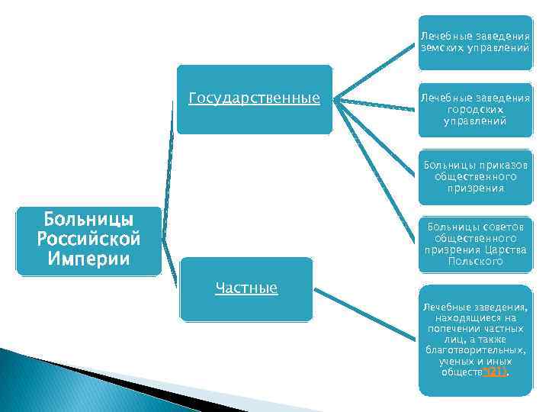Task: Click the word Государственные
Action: (x=253, y=98)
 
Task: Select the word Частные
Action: (x=246, y=288)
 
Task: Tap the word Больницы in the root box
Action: (x=88, y=221)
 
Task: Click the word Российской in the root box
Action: (x=88, y=240)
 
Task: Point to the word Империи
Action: (x=88, y=258)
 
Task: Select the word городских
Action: (x=475, y=109)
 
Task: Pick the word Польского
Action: (x=475, y=261)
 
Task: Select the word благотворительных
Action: (x=475, y=350)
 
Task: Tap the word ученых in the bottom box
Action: (x=453, y=361)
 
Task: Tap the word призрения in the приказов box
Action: (x=475, y=188)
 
